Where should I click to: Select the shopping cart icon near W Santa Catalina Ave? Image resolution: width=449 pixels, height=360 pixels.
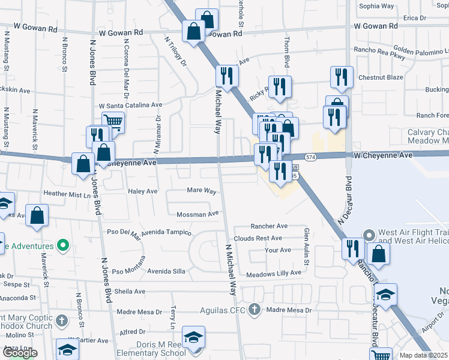coord(112,122)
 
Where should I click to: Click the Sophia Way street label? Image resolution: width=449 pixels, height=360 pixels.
coord(376,6)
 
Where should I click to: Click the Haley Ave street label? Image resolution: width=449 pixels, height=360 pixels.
coord(142,191)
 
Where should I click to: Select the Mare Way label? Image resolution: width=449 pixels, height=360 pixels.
coord(201,191)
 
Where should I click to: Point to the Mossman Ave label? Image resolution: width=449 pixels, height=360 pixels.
coord(197,214)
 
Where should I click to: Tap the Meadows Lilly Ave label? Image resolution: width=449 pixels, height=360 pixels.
coord(273,273)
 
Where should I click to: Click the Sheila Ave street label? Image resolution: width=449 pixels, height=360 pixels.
coord(131,292)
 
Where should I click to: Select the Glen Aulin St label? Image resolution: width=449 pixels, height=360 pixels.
coord(306,246)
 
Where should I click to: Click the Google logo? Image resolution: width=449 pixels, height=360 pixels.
coord(20,353)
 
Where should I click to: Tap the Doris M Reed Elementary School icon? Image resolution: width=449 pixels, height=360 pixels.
coord(193,338)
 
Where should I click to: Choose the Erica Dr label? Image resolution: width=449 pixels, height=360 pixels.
coord(415,18)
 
